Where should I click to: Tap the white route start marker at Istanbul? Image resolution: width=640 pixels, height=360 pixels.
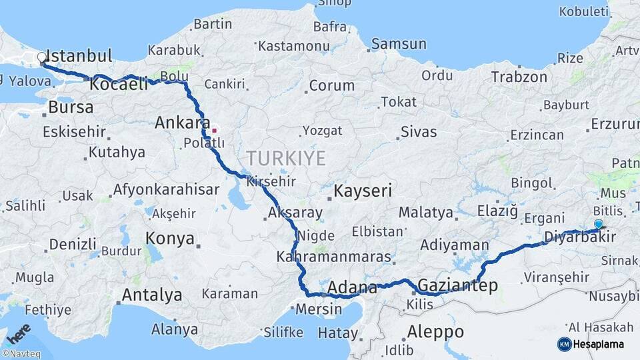pyautogui.click(x=42, y=58)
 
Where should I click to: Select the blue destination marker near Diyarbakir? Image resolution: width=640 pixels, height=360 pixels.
pyautogui.click(x=598, y=225)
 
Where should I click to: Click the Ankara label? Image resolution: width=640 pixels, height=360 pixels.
pyautogui.click(x=178, y=123)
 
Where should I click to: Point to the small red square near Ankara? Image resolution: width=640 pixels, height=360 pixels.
pyautogui.click(x=214, y=130)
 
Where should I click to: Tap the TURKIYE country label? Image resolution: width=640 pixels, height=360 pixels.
pyautogui.click(x=286, y=159)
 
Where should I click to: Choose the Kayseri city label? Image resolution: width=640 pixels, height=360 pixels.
pyautogui.click(x=363, y=191)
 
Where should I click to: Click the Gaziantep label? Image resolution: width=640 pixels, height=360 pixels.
pyautogui.click(x=457, y=286)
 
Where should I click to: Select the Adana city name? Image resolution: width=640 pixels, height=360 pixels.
pyautogui.click(x=353, y=289)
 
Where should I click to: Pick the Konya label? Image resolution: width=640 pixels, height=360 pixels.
pyautogui.click(x=170, y=239)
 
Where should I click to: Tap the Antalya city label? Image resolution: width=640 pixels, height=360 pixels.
pyautogui.click(x=151, y=295)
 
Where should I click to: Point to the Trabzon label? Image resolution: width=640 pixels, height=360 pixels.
pyautogui.click(x=519, y=77)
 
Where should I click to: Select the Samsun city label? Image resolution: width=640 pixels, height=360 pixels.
pyautogui.click(x=399, y=44)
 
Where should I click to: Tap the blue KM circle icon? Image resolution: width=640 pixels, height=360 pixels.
pyautogui.click(x=564, y=344)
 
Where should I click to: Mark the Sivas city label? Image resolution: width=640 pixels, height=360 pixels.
pyautogui.click(x=419, y=131)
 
